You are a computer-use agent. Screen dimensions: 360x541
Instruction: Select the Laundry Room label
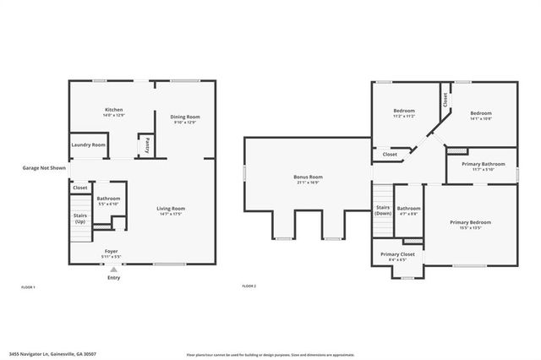[x=89, y=145]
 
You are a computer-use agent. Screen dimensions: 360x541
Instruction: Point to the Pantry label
[x=148, y=145]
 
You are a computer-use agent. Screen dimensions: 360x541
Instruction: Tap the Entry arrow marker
[x=113, y=270]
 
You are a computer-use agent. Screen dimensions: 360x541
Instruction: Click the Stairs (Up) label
[x=80, y=218]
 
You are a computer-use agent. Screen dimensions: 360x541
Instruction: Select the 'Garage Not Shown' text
[x=44, y=168]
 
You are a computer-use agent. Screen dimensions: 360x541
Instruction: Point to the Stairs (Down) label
[x=383, y=210]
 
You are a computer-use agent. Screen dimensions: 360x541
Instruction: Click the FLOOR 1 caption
[x=28, y=287]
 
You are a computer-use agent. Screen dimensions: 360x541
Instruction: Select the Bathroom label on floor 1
[x=108, y=200]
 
